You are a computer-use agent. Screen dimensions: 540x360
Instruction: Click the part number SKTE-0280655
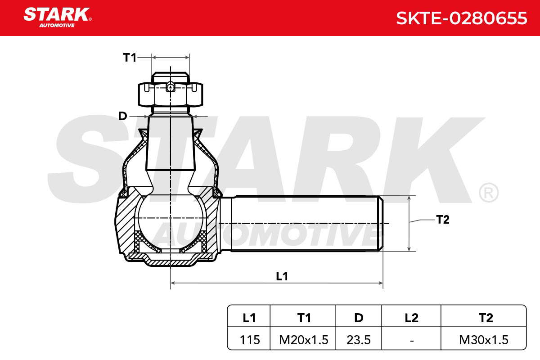pos(462,18)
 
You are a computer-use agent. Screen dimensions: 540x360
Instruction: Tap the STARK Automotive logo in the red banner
pos(58,18)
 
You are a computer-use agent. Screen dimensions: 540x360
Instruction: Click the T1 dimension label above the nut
pos(130,58)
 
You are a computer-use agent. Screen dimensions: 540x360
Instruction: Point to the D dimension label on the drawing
pos(122,116)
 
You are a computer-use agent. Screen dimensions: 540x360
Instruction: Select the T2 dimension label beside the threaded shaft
pos(443,220)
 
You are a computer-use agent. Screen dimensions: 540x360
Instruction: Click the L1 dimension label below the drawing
pos(282,276)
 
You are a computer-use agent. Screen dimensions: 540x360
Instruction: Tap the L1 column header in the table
pos(249,318)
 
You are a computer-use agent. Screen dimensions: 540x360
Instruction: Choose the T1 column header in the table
pos(304,318)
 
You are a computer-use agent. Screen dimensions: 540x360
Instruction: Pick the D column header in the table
pos(359,318)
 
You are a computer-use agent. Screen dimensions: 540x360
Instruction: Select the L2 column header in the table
pos(411,318)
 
